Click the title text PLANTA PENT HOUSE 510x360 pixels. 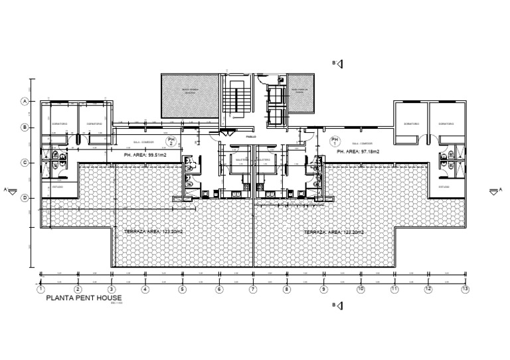(84, 298)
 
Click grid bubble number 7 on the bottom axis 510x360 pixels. (253, 289)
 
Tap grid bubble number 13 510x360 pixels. (466, 289)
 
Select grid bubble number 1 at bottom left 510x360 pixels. (41, 289)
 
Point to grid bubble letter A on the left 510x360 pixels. (25, 102)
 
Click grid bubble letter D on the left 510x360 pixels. (25, 197)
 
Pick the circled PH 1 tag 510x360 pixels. (334, 141)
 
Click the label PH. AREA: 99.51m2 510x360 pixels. (144, 155)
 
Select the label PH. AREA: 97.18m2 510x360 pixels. (359, 152)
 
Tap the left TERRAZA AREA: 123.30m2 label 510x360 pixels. (153, 232)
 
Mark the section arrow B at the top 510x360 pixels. (338, 63)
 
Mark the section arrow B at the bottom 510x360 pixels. (338, 306)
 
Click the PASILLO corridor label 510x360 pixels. (251, 137)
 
